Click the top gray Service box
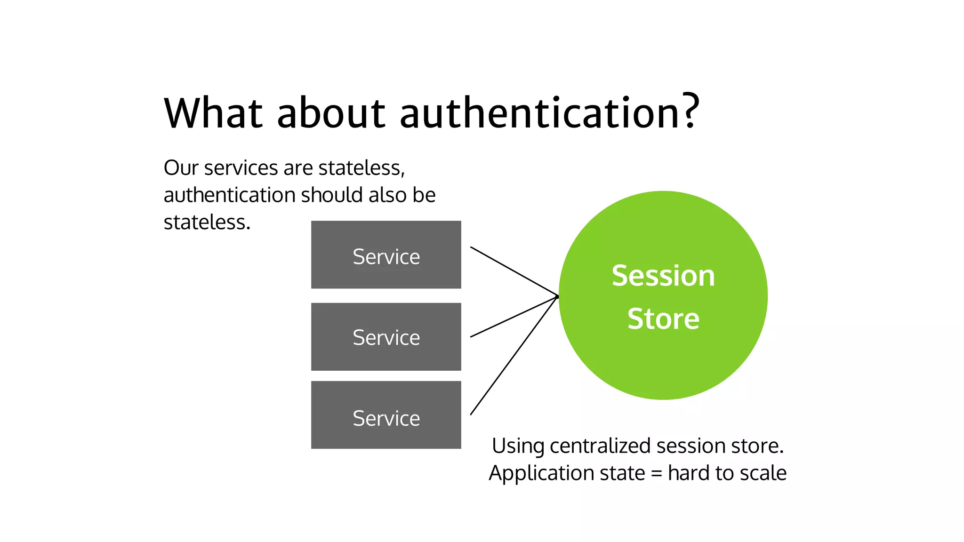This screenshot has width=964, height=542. pyautogui.click(x=386, y=255)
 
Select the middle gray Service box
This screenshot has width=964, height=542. pyautogui.click(x=386, y=337)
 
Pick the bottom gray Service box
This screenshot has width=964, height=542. pyautogui.click(x=386, y=415)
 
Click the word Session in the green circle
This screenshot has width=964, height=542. pyautogui.click(x=663, y=276)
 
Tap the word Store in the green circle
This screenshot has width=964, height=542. pyautogui.click(x=663, y=319)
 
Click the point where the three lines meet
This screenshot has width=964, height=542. pyautogui.click(x=557, y=296)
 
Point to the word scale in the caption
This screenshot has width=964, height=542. pyautogui.click(x=763, y=473)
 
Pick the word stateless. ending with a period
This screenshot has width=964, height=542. pyautogui.click(x=207, y=223)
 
